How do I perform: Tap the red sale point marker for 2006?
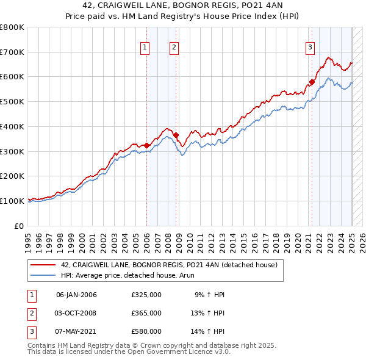pyautogui.click(x=147, y=145)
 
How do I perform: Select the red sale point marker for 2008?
pyautogui.click(x=176, y=135)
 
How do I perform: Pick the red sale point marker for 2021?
pyautogui.click(x=312, y=81)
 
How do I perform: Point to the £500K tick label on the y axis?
pyautogui.click(x=12, y=102)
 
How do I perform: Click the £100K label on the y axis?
pyautogui.click(x=12, y=201)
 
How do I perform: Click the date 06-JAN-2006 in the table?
pyautogui.click(x=76, y=295)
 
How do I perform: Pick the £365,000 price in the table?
pyautogui.click(x=146, y=313)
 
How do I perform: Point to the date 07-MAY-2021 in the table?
pyautogui.click(x=76, y=331)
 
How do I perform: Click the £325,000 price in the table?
pyautogui.click(x=146, y=295)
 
